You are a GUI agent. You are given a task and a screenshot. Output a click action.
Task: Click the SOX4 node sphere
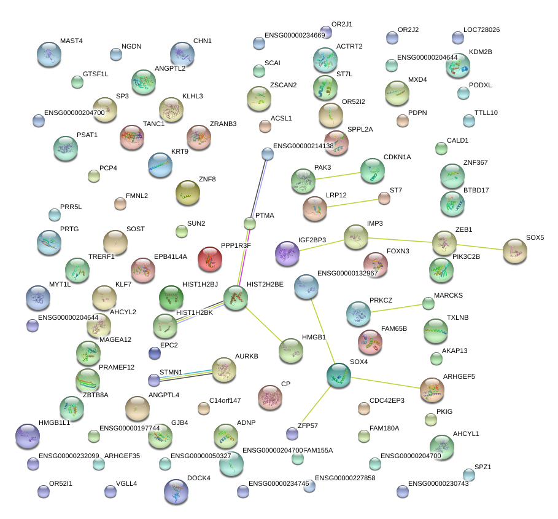339,375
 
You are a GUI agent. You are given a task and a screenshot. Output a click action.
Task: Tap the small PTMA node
249,223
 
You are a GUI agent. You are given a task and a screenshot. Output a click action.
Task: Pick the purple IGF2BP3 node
287,253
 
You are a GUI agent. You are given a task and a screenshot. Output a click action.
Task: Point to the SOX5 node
514,251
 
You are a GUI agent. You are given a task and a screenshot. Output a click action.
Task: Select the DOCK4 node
177,491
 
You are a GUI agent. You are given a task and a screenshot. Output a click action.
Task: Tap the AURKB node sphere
223,370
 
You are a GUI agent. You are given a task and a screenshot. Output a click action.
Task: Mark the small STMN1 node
153,380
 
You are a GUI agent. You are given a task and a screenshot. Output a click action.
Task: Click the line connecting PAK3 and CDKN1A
337,175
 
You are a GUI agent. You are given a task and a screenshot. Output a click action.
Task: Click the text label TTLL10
486,113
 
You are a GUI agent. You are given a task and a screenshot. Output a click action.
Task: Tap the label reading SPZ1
483,467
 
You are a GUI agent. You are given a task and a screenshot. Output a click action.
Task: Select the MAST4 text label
71,41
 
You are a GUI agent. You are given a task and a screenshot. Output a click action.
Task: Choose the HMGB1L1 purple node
27,436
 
